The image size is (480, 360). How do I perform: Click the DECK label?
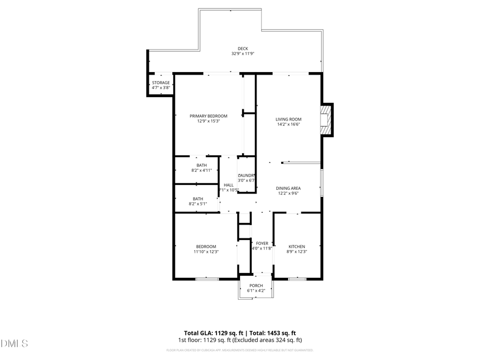(x=243, y=49)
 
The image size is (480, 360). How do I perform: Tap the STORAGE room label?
(x=161, y=83)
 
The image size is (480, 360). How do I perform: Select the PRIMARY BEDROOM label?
(x=209, y=116)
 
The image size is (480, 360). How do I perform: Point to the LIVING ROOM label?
(x=289, y=119)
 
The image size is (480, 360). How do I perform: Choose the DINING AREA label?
(x=288, y=188)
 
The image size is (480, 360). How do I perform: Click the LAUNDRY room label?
(x=246, y=175)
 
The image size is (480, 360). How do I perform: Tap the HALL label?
(x=228, y=185)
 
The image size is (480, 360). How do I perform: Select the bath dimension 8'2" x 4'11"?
(x=202, y=171)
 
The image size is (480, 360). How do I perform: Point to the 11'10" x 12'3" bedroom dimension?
(x=206, y=252)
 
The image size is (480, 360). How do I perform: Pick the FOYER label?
(x=262, y=243)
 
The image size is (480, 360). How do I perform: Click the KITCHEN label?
(x=297, y=246)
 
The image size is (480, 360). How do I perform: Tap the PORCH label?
(x=256, y=285)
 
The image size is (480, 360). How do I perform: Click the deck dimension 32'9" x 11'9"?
(x=243, y=54)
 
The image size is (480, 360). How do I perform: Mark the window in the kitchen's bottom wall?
(x=297, y=279)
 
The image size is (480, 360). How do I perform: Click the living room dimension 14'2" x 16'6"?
(x=289, y=124)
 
